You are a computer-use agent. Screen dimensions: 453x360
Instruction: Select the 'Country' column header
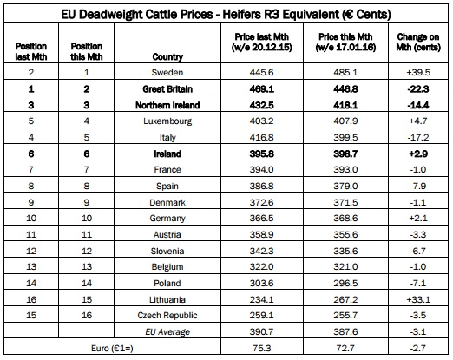point(167,56)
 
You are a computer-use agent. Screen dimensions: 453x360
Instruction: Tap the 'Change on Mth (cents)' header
point(418,42)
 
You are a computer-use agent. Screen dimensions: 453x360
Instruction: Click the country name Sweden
point(167,72)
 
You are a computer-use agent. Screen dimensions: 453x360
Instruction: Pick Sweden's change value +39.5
point(418,72)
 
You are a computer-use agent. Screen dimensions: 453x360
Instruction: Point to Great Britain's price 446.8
point(345,89)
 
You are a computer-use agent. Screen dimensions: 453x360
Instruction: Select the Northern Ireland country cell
point(167,105)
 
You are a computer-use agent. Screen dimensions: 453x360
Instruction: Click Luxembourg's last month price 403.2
point(262,121)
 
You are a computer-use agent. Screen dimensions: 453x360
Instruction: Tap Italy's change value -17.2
point(418,137)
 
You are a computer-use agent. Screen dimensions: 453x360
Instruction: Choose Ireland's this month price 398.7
point(345,154)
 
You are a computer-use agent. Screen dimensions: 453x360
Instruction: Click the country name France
point(167,169)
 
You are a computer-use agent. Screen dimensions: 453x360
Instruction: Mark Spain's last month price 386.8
point(262,186)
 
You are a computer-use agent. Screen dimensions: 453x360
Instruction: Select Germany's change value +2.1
point(418,218)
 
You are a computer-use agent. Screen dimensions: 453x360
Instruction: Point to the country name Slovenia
point(167,251)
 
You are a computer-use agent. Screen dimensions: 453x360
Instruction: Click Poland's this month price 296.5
point(345,283)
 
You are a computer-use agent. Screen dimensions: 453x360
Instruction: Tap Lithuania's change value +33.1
point(418,299)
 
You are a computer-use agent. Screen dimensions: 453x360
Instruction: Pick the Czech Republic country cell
point(167,315)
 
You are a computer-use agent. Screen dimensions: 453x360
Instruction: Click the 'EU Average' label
point(167,331)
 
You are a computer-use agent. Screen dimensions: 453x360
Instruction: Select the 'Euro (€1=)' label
point(112,348)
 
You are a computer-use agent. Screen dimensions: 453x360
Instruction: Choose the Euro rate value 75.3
point(262,348)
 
